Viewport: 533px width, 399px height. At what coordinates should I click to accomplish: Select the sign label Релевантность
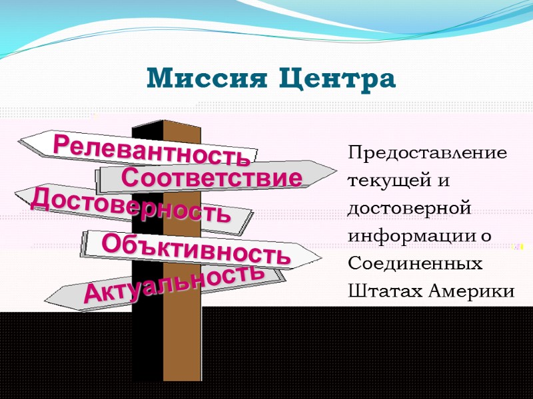click(x=152, y=150)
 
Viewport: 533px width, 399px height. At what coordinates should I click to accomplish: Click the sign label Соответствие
click(x=213, y=178)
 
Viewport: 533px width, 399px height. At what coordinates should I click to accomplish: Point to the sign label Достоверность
click(x=131, y=205)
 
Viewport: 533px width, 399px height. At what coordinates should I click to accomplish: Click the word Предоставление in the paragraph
click(x=427, y=154)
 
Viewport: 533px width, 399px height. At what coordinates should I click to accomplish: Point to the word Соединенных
click(x=415, y=264)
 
